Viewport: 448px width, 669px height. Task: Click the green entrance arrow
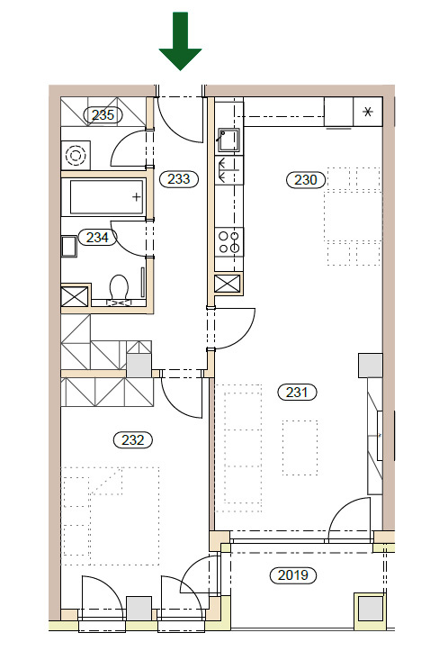click(180, 41)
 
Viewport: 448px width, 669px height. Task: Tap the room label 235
click(103, 114)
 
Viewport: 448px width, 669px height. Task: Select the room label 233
click(179, 179)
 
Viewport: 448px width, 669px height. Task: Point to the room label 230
click(306, 179)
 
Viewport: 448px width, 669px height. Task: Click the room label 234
click(97, 237)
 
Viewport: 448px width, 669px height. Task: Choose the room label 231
click(297, 392)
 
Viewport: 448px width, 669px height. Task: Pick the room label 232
click(133, 440)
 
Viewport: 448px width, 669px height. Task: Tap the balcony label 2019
click(293, 575)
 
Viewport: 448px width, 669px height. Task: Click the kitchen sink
click(229, 140)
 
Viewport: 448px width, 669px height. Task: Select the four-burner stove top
click(229, 242)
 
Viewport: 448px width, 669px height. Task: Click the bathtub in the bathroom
click(106, 197)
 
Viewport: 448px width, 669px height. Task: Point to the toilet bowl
click(119, 288)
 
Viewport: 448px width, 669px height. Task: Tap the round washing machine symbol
click(76, 155)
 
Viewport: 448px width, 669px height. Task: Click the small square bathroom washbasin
click(69, 246)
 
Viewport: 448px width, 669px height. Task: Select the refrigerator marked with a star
click(368, 112)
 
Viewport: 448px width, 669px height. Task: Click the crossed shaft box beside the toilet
click(75, 296)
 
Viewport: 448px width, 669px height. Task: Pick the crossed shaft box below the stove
click(228, 284)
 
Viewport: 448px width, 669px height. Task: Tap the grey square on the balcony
click(370, 608)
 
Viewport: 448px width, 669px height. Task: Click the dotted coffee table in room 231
click(300, 448)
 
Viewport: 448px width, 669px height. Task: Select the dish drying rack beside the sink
click(229, 170)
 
